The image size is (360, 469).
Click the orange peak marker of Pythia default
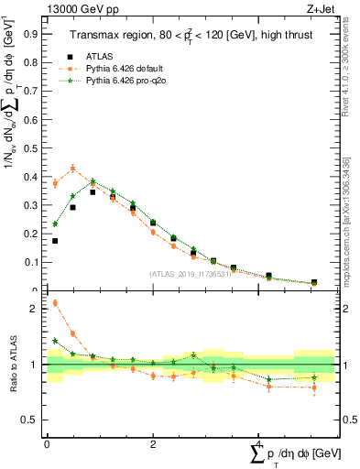[73, 169]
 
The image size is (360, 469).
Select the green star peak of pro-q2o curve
[93, 181]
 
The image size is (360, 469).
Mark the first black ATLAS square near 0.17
[55, 241]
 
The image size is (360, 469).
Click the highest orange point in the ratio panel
[55, 303]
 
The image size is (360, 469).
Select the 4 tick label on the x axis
[258, 443]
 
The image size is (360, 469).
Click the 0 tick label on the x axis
[47, 443]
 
